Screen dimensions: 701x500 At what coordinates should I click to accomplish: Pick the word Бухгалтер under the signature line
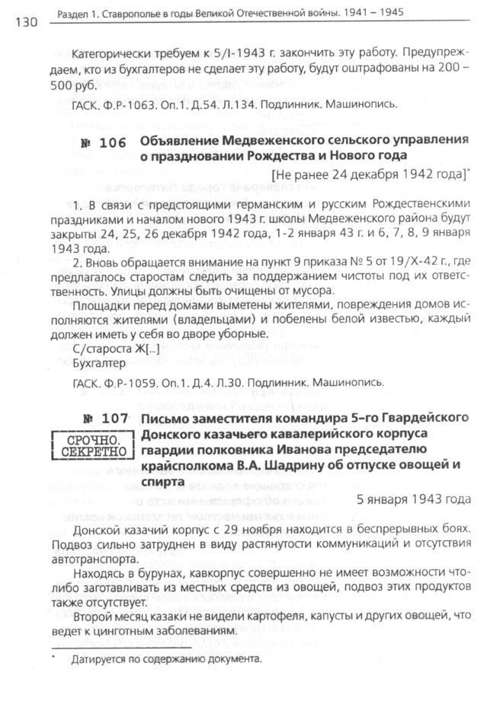pyautogui.click(x=95, y=363)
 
